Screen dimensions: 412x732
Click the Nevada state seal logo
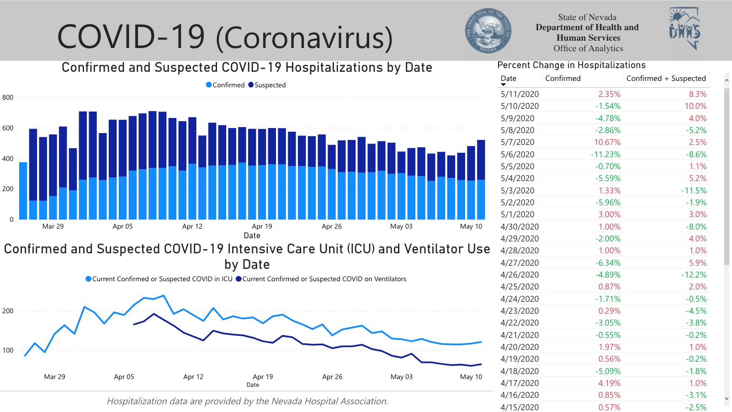[x=488, y=31]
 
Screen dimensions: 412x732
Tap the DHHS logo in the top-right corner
[x=684, y=28]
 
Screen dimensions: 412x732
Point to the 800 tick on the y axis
[x=8, y=97]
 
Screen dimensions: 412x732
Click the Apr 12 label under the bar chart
[x=192, y=226]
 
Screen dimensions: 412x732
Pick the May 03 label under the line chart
[x=402, y=377]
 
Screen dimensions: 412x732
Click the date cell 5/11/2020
[x=520, y=94]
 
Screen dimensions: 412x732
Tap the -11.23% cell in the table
[x=606, y=155]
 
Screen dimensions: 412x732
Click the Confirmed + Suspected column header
[x=666, y=79]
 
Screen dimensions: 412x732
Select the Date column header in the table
[x=509, y=79]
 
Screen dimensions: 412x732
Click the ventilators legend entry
[x=324, y=279]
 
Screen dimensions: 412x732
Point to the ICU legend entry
[x=162, y=279]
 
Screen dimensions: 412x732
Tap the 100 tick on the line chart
[x=8, y=350]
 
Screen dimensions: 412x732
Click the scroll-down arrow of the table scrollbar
[x=727, y=399]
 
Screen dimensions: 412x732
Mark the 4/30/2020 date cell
[x=520, y=227]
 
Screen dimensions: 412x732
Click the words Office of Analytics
[x=588, y=48]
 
